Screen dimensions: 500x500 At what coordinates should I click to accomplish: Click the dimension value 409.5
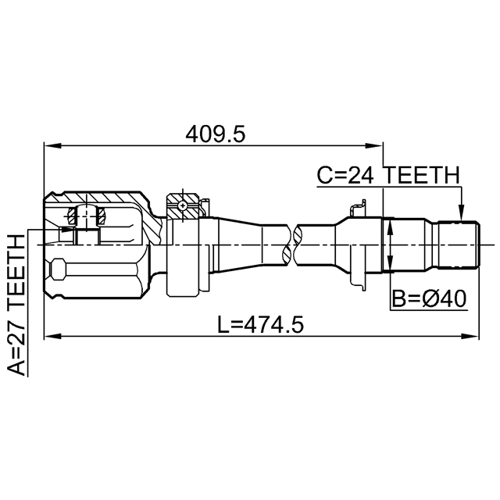tap(216, 134)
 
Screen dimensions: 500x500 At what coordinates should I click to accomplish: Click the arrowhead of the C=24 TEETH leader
tap(461, 212)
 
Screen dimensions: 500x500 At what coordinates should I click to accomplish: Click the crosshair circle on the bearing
tap(181, 205)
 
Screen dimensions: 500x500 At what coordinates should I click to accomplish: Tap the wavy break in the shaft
tap(295, 244)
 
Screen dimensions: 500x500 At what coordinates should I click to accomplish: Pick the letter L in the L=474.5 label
tap(224, 324)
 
